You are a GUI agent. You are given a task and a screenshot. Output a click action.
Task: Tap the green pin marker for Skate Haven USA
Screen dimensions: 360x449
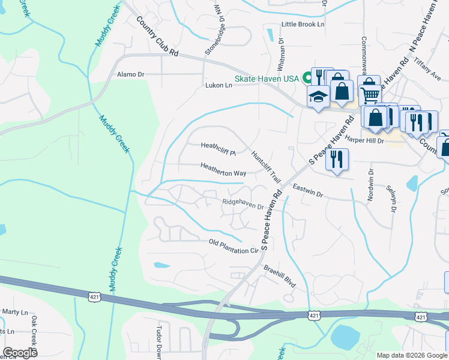point(307,77)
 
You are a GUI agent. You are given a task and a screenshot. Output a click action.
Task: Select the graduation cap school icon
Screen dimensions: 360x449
point(318,97)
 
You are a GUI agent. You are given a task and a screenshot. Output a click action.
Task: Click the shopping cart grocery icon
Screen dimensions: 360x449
point(370,94)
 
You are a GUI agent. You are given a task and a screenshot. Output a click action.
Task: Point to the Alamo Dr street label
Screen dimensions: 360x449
point(131,74)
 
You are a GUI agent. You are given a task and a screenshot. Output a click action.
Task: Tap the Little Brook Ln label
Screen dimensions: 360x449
point(303,25)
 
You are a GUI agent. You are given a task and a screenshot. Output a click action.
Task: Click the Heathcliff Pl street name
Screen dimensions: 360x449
point(218,145)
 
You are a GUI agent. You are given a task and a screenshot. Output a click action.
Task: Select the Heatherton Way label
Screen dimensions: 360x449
point(223,170)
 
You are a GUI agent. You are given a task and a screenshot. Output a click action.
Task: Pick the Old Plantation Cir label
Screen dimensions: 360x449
point(233,246)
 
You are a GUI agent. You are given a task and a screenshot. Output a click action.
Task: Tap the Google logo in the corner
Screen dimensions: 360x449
point(20,353)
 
